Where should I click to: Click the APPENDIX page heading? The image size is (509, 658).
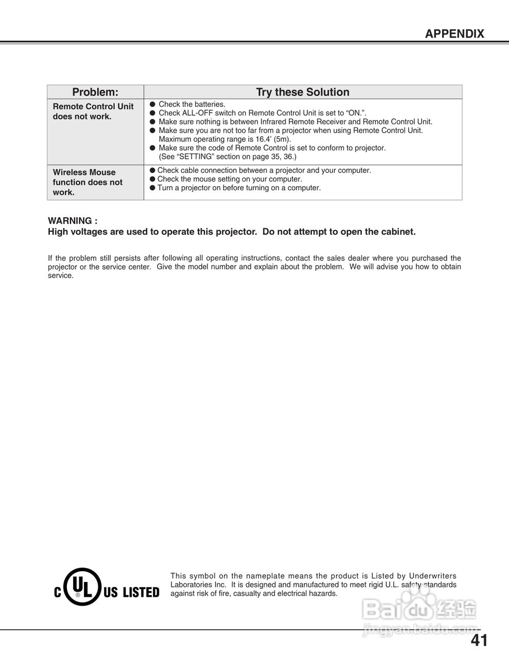[454, 34]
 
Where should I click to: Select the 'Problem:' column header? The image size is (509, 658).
[95, 92]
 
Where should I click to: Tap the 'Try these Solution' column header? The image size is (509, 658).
[303, 92]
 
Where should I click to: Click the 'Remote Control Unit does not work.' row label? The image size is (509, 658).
[93, 112]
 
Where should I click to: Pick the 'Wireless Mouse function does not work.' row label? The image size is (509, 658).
[87, 182]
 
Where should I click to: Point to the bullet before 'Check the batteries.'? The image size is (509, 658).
[152, 104]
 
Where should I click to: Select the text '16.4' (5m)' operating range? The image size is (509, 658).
[273, 139]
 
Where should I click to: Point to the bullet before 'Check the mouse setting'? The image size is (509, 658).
[152, 179]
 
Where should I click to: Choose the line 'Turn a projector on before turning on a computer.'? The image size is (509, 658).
[239, 188]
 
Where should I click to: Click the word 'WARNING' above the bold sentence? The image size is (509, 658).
[71, 221]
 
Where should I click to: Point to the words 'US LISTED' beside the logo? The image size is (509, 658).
[131, 593]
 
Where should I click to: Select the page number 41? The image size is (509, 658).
[479, 641]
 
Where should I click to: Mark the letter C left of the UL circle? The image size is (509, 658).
[58, 593]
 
